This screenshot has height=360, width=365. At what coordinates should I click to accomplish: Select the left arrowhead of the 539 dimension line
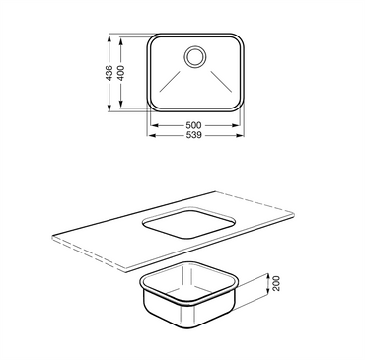[x=150, y=138]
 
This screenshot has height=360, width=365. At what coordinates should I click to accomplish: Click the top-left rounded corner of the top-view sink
[x=153, y=41]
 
